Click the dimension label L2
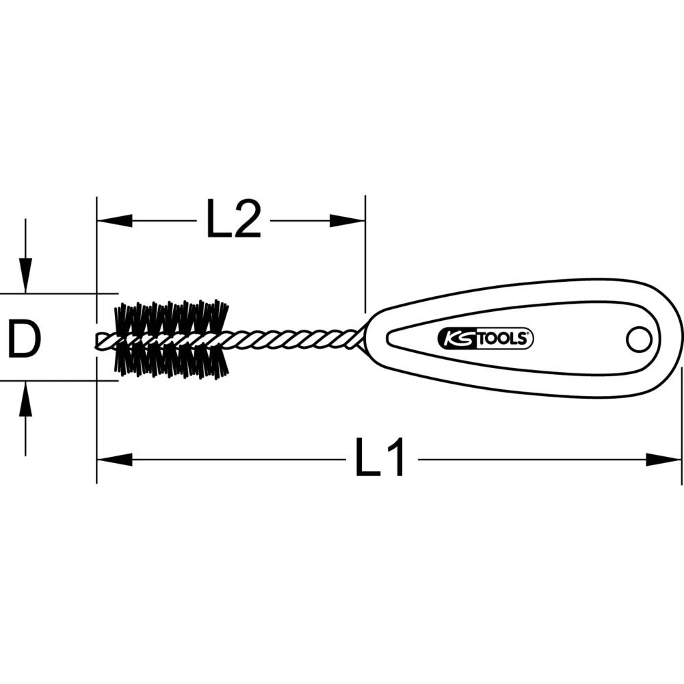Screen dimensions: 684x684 (234, 220)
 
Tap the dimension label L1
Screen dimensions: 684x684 (380, 458)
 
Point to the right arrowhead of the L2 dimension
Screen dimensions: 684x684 (347, 220)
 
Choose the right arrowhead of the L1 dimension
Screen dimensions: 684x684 (663, 459)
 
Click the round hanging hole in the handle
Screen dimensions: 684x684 (638, 338)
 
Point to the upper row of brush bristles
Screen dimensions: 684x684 (172, 317)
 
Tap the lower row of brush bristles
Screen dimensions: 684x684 (172, 360)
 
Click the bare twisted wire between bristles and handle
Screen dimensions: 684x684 (294, 338)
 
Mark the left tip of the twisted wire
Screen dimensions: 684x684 (101, 340)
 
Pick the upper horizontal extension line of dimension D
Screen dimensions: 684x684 (55, 294)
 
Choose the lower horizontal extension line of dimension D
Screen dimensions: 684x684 (55, 381)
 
